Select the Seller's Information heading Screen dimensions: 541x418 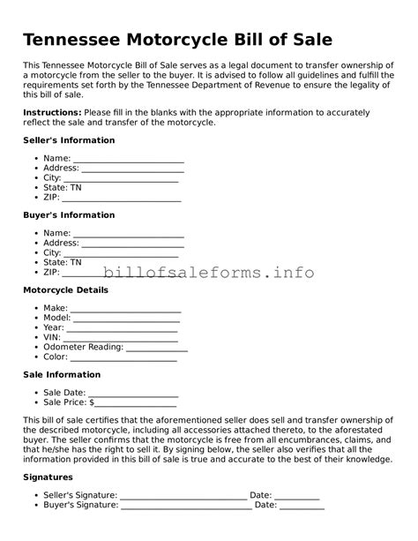(69, 140)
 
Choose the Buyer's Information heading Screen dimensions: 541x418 (69, 215)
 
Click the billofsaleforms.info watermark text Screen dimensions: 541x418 (208, 272)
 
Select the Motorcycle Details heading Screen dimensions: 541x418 (65, 289)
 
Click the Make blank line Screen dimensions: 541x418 (125, 309)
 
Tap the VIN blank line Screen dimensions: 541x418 (120, 338)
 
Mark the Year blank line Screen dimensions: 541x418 (122, 328)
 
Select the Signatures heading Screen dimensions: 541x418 (48, 477)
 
